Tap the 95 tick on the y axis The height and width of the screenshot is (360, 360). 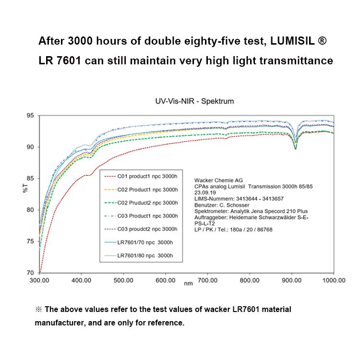(30, 116)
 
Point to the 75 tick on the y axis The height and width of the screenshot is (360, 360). (30, 241)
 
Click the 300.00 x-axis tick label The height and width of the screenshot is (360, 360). (39, 280)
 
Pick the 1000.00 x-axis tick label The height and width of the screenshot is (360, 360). (333, 280)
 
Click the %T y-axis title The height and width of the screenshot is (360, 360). (25, 188)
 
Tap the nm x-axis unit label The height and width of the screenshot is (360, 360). (188, 284)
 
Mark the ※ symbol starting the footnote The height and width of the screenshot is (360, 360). (39, 310)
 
